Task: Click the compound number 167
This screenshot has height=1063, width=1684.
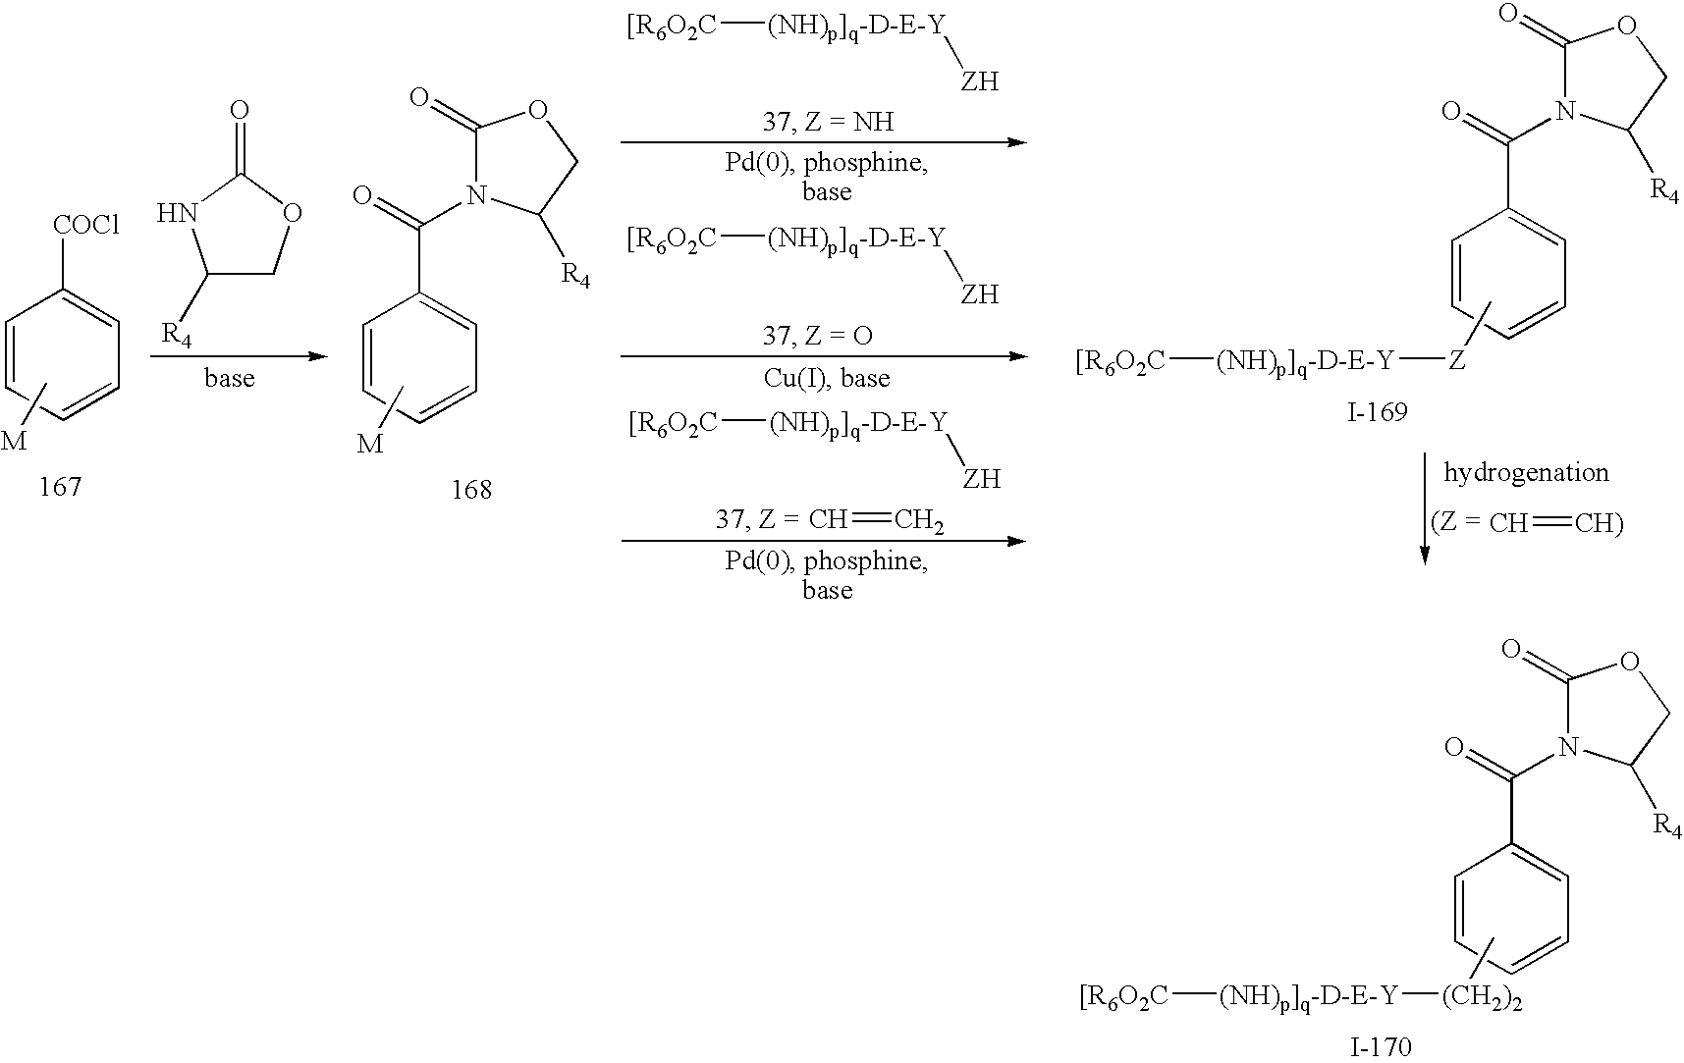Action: [x=60, y=487]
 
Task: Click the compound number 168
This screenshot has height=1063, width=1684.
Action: [x=471, y=490]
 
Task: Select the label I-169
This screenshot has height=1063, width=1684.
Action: [x=1377, y=411]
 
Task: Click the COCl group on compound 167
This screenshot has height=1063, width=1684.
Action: [x=86, y=226]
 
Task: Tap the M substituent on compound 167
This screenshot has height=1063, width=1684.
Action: [x=14, y=442]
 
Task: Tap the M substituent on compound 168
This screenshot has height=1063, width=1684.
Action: [x=370, y=445]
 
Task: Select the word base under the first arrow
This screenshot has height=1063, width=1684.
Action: [x=230, y=378]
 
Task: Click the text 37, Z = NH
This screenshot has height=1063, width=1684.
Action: [x=828, y=122]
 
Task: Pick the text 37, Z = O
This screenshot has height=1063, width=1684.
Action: [x=818, y=336]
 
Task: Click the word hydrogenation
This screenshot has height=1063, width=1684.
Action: [x=1526, y=472]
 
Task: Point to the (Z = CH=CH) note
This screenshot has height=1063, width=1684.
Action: [x=1527, y=523]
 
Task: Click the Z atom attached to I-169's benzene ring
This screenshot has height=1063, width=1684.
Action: [x=1457, y=362]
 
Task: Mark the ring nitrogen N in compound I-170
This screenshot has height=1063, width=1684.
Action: [x=1569, y=749]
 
